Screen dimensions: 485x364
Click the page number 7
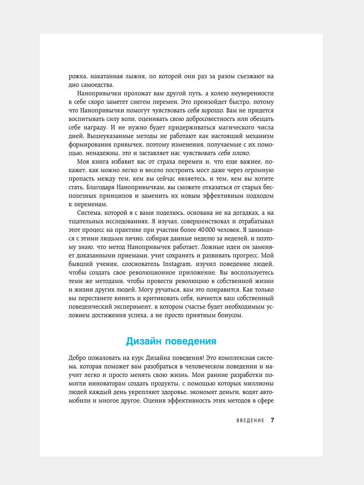272,420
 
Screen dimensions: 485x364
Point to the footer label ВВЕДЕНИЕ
250,420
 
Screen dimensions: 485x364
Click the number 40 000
207,230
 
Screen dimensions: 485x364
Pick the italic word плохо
238,153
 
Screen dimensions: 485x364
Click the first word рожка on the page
78,76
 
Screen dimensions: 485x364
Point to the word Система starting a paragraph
89,213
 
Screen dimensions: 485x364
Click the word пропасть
82,179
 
